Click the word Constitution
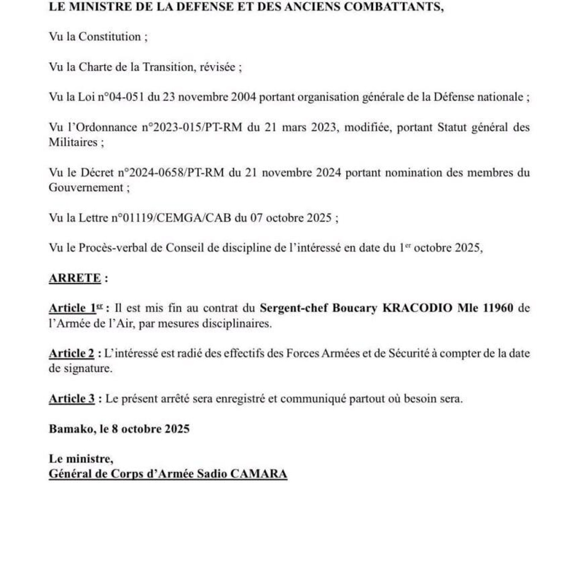click(x=109, y=37)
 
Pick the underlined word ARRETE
click(x=75, y=278)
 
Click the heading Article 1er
click(x=76, y=308)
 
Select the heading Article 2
click(x=71, y=353)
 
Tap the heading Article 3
click(x=72, y=399)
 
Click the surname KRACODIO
click(x=417, y=308)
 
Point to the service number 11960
click(x=498, y=308)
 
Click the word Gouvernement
click(x=86, y=188)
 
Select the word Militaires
click(x=73, y=142)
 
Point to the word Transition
click(x=167, y=67)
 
